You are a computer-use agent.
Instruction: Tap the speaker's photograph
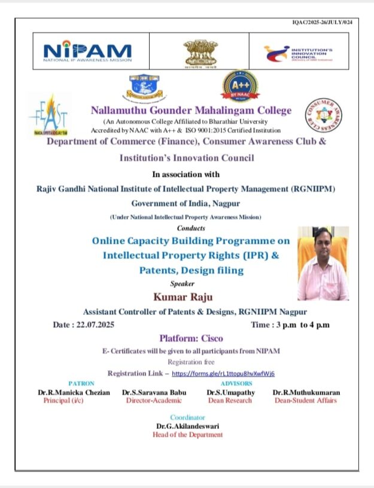tap(323, 263)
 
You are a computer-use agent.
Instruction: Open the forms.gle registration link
tap(223, 373)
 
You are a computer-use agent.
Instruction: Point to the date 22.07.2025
tap(83, 325)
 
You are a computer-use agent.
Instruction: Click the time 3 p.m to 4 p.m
tap(290, 325)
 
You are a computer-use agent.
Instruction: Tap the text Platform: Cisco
tap(190, 338)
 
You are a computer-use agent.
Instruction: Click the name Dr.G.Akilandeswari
tap(187, 426)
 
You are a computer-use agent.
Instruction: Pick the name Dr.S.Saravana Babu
tap(154, 392)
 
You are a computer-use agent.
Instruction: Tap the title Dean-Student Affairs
tap(305, 401)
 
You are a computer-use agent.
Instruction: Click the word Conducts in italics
tap(191, 228)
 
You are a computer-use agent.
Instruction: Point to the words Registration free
tap(190, 362)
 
